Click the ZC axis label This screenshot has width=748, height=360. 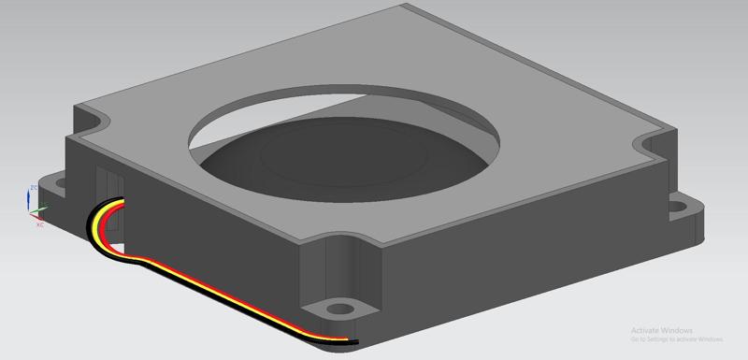(x=33, y=188)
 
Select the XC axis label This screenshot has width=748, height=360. (x=39, y=224)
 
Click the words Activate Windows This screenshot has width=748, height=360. (x=661, y=330)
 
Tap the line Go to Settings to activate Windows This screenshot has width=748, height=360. (x=676, y=339)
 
